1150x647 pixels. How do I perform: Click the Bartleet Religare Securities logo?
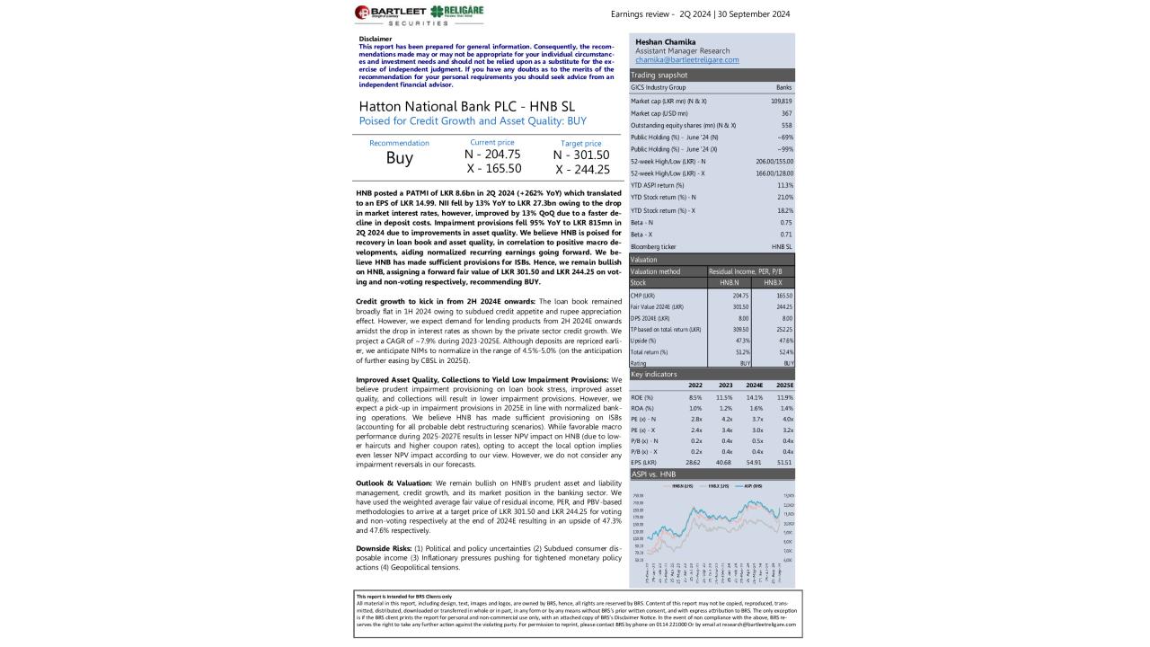(x=419, y=14)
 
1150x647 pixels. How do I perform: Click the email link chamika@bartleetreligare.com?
(x=687, y=60)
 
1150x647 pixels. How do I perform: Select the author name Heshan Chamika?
(x=666, y=42)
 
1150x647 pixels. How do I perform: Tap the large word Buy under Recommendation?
(x=399, y=158)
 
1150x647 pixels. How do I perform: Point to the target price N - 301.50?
(x=581, y=155)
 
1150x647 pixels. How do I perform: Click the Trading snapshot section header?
(x=659, y=75)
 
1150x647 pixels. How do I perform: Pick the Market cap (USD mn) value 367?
(x=786, y=113)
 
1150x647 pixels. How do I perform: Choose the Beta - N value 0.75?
(x=786, y=222)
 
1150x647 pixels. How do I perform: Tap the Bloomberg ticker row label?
(x=652, y=246)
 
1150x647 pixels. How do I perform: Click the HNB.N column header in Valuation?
(x=729, y=283)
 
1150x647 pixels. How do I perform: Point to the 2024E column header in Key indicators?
(x=754, y=386)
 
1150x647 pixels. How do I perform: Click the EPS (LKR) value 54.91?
(x=754, y=462)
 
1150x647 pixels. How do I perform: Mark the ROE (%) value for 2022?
(x=694, y=397)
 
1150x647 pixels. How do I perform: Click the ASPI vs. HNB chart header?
(x=654, y=474)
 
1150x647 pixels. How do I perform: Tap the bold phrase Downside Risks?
(x=384, y=548)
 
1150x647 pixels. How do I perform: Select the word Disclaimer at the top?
(x=376, y=39)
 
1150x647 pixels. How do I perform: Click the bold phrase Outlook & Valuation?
(x=392, y=483)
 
